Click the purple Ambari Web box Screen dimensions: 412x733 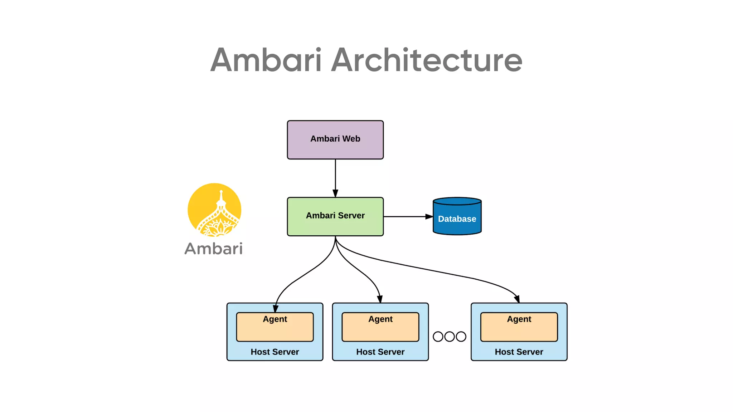click(x=335, y=140)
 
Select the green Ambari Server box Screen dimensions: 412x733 click(x=335, y=216)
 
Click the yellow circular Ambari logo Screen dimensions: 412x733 click(x=214, y=210)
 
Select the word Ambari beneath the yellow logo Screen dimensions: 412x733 click(x=214, y=249)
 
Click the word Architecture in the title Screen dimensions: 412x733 click(x=427, y=60)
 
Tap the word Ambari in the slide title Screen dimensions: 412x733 click(x=266, y=60)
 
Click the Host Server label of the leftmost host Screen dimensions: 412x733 click(x=275, y=352)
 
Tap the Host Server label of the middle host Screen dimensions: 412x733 click(x=380, y=352)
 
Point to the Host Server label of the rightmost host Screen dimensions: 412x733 click(x=519, y=352)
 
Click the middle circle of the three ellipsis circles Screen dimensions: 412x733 click(x=450, y=337)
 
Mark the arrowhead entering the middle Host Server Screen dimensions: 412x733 click(x=380, y=299)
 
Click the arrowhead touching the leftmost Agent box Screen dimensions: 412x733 click(x=276, y=309)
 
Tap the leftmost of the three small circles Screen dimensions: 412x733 click(x=438, y=337)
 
